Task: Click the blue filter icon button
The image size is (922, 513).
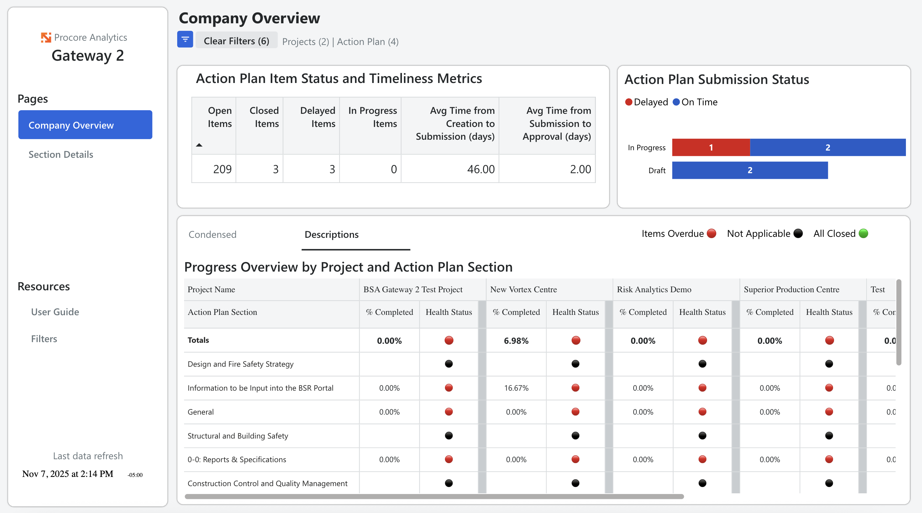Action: point(185,40)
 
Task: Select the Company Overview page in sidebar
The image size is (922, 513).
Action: point(85,125)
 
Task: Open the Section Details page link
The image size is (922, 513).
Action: point(61,154)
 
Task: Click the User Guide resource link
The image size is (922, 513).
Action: point(55,312)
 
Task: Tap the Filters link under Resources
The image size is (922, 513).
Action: point(44,339)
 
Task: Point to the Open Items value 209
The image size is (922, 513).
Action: point(222,169)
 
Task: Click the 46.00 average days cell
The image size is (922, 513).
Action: point(481,169)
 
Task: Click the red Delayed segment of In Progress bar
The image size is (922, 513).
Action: point(711,147)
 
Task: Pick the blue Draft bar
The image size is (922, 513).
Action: point(749,170)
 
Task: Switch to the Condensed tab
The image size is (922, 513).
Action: point(212,235)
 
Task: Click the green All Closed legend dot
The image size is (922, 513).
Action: point(863,234)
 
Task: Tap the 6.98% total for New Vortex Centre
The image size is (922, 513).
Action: point(516,340)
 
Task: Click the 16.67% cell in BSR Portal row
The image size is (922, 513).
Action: point(516,388)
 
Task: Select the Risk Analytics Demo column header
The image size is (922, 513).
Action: point(654,289)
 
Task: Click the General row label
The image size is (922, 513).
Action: point(200,412)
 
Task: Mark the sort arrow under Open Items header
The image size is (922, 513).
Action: point(199,145)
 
